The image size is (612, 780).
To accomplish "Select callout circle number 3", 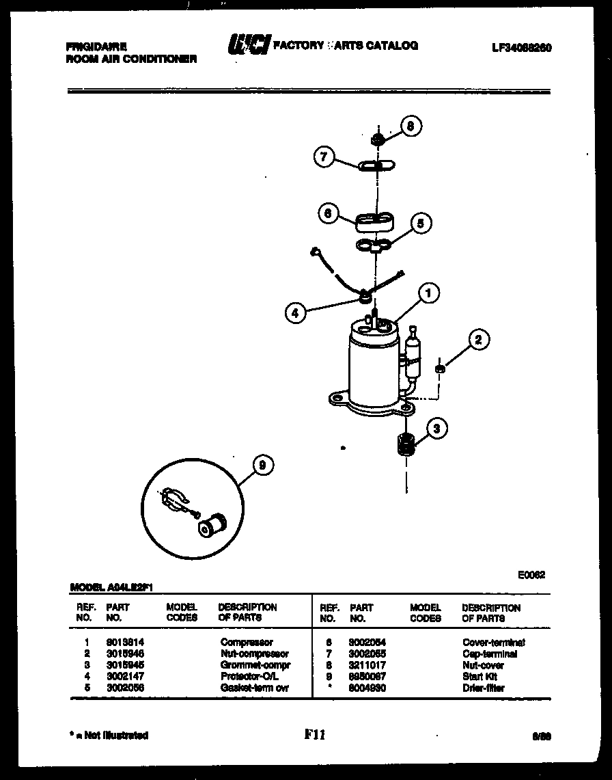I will coord(437,429).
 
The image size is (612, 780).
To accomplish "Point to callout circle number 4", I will coord(294,313).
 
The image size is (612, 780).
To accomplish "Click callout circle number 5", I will coord(420,223).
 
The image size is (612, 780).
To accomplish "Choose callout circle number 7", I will coord(324,157).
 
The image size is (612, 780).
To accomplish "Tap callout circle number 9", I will coord(262,466).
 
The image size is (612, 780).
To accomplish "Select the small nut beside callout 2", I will coord(441,369).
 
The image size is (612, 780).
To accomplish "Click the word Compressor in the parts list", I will coord(247,643).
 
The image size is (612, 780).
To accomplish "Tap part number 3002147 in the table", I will coord(125,676).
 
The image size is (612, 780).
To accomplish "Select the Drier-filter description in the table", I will coord(483,688).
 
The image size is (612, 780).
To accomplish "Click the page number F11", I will coord(315,735).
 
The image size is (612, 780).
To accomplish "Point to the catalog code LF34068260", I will coord(521,48).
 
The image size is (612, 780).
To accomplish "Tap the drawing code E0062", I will coord(531,575).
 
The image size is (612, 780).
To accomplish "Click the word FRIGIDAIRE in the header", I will coord(96,47).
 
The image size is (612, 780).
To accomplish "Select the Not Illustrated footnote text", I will coord(109,736).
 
